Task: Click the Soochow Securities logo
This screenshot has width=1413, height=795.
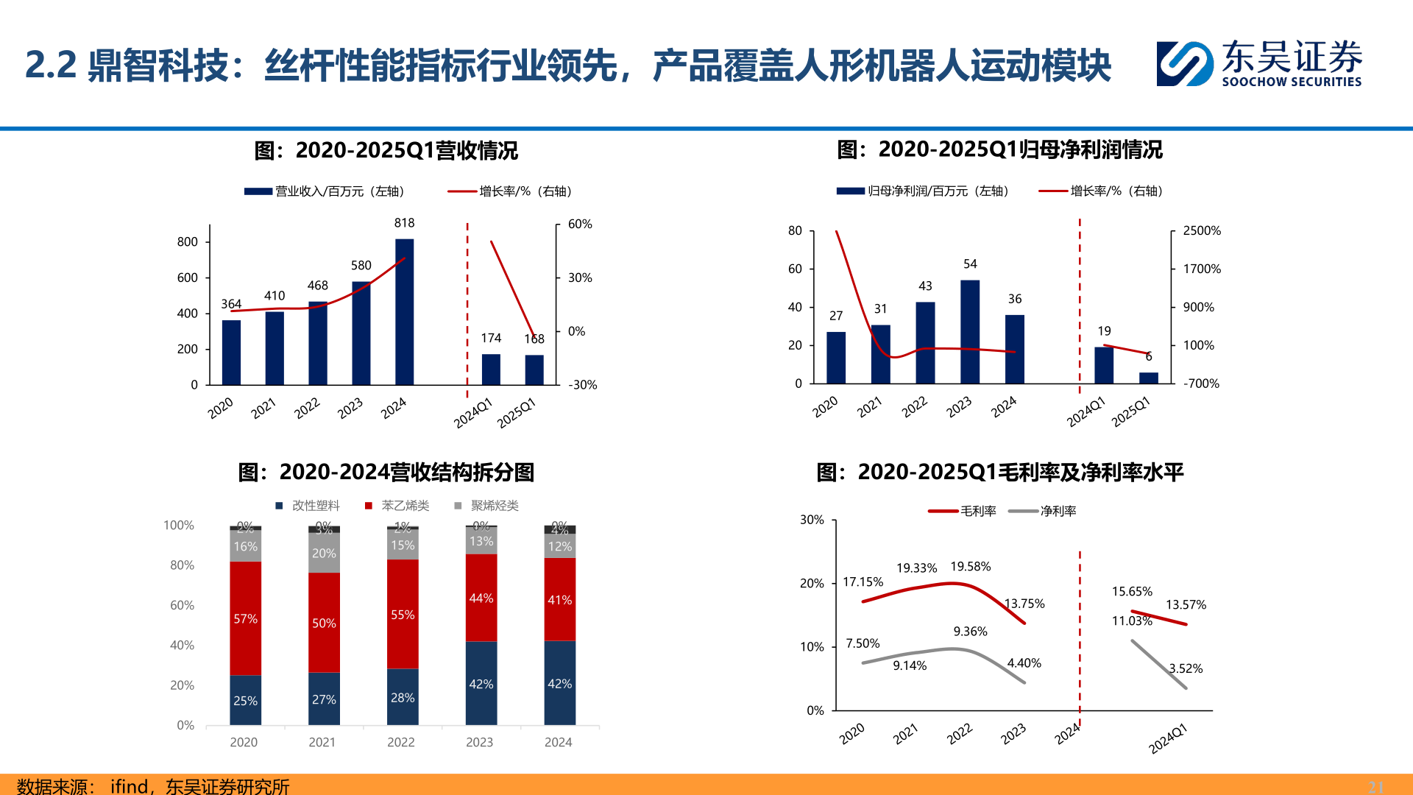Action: click(1258, 63)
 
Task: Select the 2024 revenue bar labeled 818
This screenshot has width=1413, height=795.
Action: click(404, 311)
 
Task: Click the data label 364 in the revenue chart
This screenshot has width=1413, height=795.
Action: click(231, 304)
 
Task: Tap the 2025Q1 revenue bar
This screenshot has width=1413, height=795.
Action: click(534, 370)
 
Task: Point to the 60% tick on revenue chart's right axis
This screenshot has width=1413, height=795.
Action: click(580, 224)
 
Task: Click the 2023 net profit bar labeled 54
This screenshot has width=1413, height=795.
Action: click(970, 331)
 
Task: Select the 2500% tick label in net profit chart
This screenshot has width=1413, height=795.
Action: click(1201, 230)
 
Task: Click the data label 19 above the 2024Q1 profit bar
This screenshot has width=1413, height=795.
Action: click(1104, 331)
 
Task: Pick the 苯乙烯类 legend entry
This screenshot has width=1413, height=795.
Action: click(397, 506)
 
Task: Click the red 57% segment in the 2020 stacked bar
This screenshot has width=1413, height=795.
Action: click(245, 618)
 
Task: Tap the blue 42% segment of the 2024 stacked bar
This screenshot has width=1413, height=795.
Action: click(559, 683)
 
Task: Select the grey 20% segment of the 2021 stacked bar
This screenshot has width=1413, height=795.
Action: click(324, 554)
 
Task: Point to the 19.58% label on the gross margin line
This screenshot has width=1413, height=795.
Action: click(970, 567)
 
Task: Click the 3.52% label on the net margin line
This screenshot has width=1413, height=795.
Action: click(1186, 668)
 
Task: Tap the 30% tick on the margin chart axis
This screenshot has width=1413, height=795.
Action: click(812, 520)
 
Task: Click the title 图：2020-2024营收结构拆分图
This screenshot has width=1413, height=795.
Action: click(386, 472)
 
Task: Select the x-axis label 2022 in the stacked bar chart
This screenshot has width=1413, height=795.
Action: click(401, 742)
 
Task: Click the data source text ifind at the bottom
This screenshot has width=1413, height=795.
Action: click(129, 786)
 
